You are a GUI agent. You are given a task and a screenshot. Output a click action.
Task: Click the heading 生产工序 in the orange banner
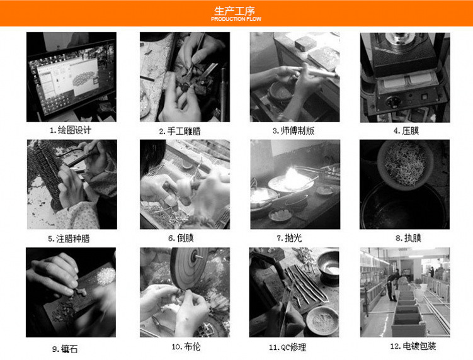(x=235, y=11)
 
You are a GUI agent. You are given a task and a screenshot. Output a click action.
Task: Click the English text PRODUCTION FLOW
(x=236, y=19)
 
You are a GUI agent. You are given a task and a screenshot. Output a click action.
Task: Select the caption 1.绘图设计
(x=71, y=130)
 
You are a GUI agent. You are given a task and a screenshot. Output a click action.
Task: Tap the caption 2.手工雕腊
(x=180, y=131)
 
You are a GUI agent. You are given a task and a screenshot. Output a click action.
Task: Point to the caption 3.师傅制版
(x=293, y=130)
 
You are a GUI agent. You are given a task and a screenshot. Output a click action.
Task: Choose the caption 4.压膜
(x=406, y=130)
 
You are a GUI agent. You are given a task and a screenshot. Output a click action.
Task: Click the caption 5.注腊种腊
(x=69, y=239)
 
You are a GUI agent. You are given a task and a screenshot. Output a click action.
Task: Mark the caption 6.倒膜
(x=181, y=238)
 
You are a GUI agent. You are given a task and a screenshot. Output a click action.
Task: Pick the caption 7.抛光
(x=289, y=238)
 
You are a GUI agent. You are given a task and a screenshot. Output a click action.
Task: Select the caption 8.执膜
(x=409, y=238)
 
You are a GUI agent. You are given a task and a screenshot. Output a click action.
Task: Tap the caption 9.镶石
(x=65, y=349)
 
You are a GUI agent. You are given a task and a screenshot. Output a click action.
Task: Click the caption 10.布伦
(x=186, y=346)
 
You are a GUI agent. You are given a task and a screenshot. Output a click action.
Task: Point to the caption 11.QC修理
(x=287, y=347)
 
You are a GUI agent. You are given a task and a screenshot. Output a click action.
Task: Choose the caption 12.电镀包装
(x=413, y=346)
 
